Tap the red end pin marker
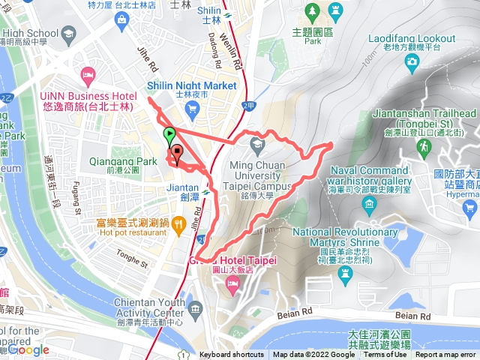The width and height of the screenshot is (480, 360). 177,153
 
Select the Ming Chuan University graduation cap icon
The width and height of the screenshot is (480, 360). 257,142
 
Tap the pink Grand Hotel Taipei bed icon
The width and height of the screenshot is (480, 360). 232,283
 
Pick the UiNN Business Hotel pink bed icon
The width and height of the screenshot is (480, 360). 89,74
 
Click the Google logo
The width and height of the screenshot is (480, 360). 28,349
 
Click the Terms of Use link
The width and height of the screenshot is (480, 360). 385,355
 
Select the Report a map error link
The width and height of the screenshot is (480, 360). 447,355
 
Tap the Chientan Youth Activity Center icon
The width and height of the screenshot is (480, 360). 196,309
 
